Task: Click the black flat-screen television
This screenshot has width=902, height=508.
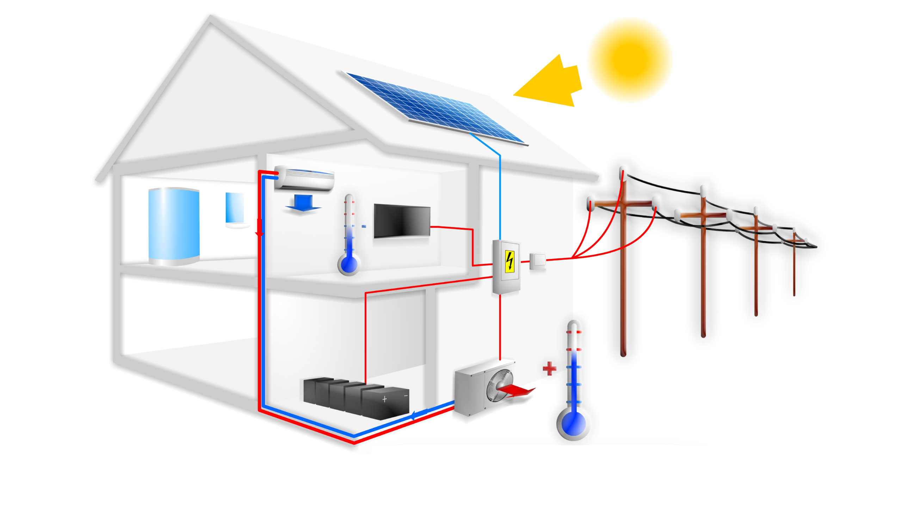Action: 402,220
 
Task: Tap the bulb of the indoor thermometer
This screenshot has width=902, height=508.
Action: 348,264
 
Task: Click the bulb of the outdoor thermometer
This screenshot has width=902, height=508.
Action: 573,423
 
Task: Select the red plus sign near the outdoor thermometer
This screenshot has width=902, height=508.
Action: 549,368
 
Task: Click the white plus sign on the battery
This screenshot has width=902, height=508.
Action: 384,399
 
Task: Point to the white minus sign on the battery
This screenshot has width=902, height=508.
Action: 406,396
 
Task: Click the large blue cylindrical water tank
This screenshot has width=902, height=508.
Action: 174,226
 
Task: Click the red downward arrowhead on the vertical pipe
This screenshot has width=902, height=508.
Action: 260,229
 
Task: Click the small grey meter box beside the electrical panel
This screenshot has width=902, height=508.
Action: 537,261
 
